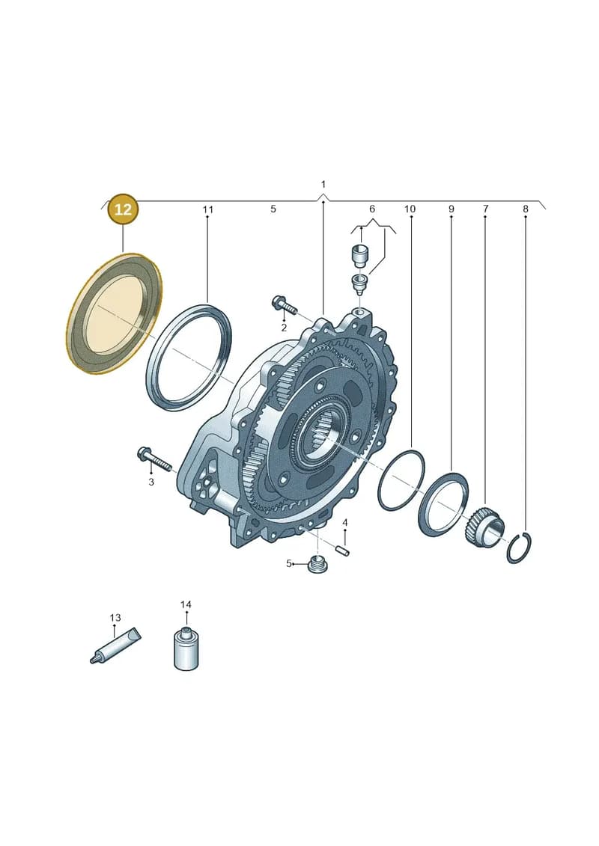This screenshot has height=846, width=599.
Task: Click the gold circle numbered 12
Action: [123, 209]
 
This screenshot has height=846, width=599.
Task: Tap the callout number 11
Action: [208, 209]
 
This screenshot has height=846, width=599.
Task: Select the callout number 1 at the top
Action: [323, 185]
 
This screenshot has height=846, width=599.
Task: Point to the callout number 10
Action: [410, 209]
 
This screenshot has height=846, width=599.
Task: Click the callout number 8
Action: [525, 209]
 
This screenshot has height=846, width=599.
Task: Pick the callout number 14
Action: [185, 605]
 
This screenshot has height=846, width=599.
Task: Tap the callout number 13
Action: [115, 617]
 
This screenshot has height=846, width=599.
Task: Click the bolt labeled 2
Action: [284, 305]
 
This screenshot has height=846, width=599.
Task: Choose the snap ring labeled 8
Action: [519, 548]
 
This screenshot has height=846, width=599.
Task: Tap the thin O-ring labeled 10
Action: [401, 479]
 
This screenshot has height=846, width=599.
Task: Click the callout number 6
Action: [371, 209]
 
